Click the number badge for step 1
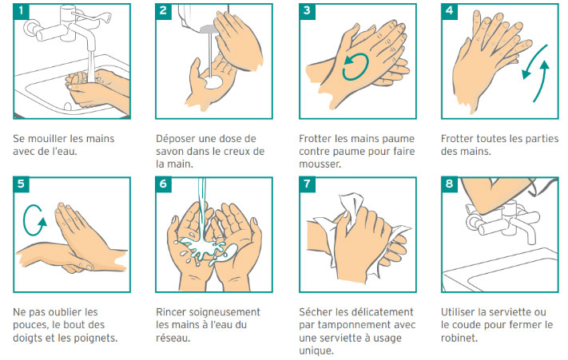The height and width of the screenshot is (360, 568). click(21, 11)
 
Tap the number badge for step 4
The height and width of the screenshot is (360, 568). click(449, 11)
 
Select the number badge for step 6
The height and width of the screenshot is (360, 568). click(164, 184)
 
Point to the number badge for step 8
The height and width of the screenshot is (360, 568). click(449, 184)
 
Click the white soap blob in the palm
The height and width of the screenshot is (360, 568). click(213, 83)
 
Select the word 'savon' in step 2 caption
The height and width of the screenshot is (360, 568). click(169, 151)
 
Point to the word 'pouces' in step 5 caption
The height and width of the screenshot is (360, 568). click(29, 325)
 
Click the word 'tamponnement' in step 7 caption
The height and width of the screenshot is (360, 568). click(354, 325)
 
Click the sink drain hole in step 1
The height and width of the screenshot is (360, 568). click(68, 106)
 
